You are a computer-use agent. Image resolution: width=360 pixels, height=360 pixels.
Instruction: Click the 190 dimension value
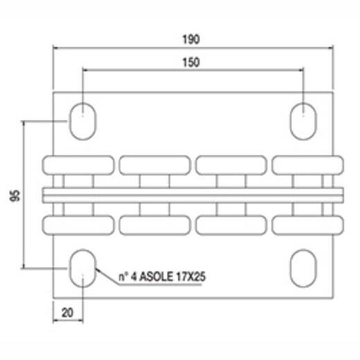pos(191,40)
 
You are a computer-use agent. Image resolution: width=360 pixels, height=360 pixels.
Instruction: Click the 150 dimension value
pos(191,62)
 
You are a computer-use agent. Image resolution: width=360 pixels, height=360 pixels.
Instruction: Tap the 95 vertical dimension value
pos(15,196)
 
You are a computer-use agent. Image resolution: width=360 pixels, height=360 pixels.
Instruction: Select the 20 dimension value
pos(67,313)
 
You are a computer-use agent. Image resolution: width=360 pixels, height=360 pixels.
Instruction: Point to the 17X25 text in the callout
pos(191,277)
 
